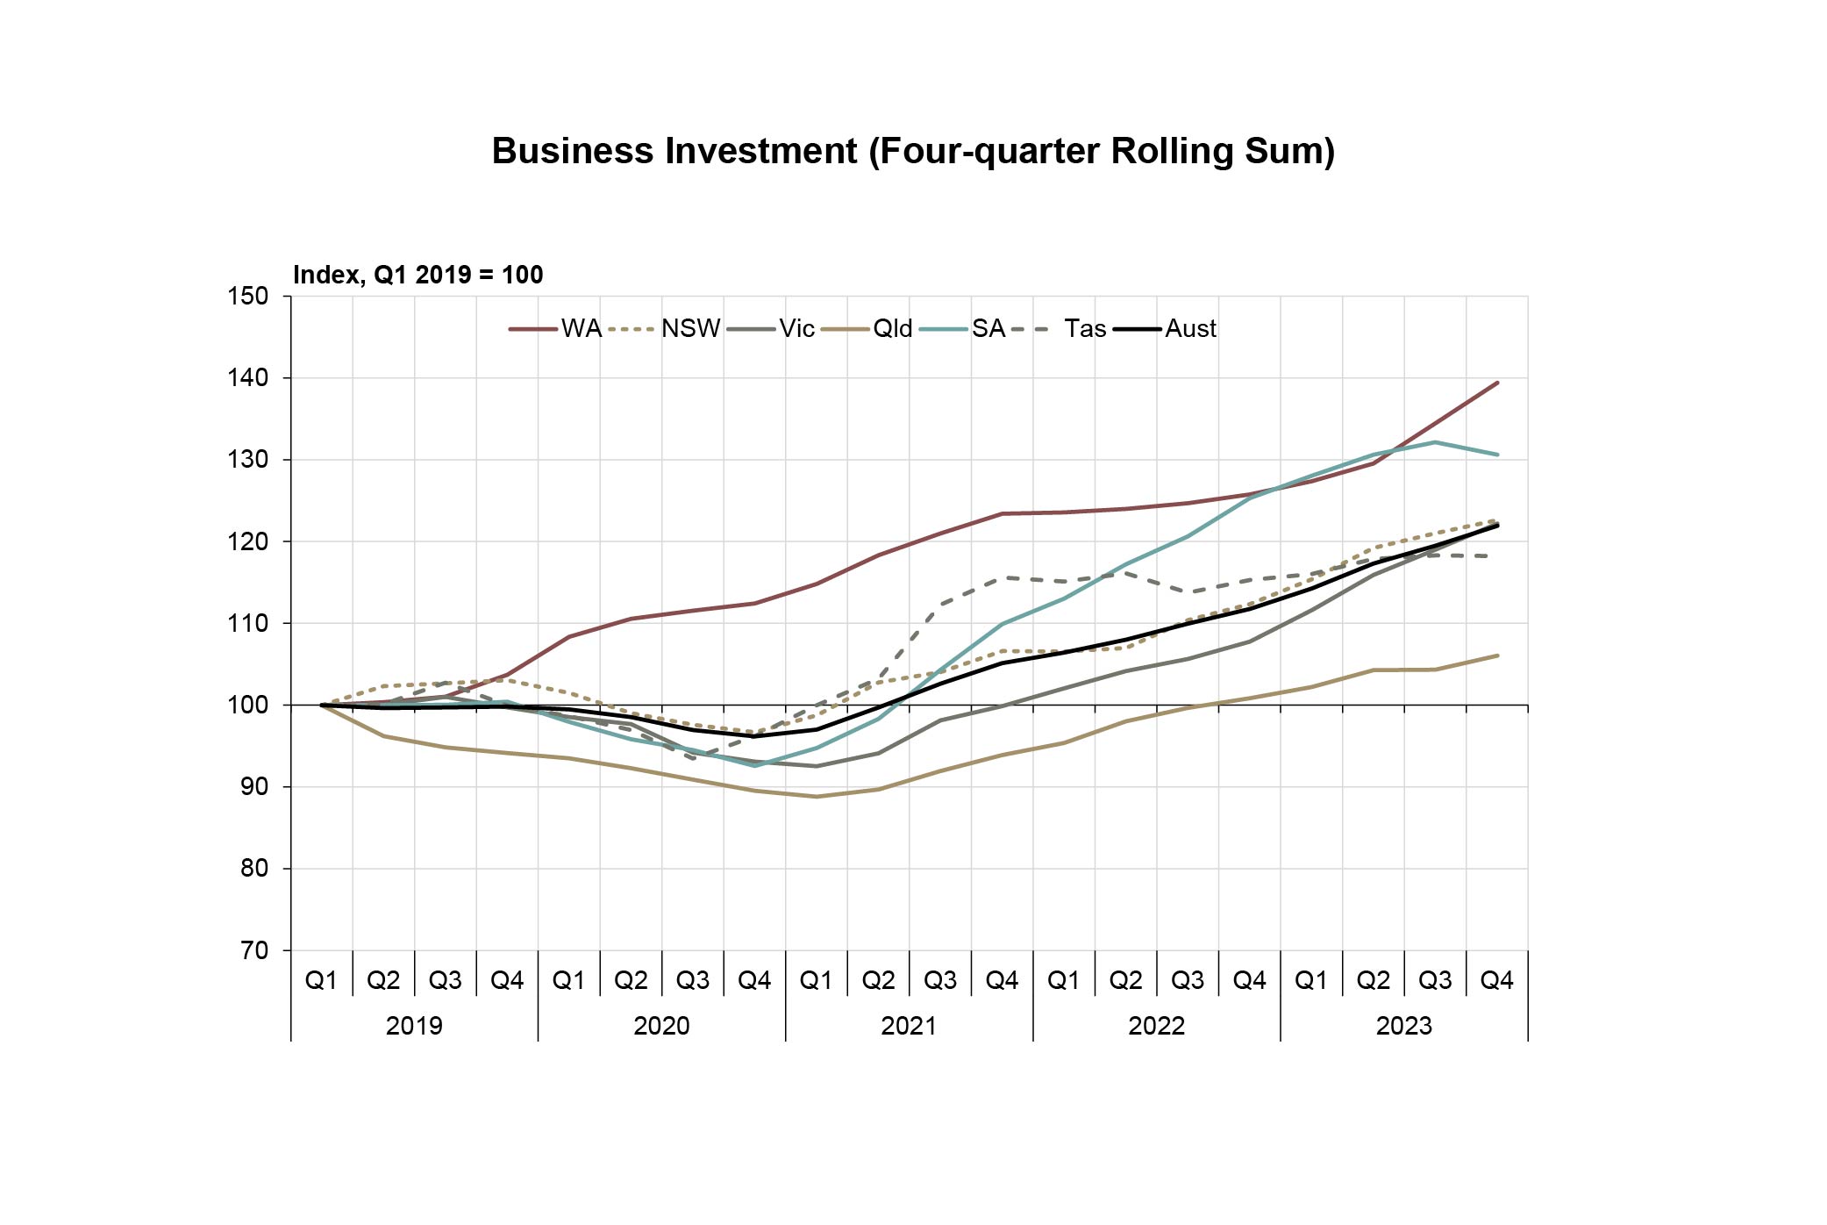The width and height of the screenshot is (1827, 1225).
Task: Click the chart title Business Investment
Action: [913, 151]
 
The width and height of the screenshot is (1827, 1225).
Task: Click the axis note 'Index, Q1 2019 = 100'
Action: [417, 275]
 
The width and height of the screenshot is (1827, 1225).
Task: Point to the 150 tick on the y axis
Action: [248, 296]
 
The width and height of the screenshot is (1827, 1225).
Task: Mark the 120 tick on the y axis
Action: [248, 541]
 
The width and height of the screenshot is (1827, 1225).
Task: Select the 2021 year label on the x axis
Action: [909, 1025]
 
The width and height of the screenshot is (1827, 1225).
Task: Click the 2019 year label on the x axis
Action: [414, 1025]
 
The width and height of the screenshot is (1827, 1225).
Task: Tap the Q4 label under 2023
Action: [1496, 980]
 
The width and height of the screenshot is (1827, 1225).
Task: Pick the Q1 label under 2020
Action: [568, 980]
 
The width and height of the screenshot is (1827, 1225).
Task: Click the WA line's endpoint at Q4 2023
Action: [1497, 383]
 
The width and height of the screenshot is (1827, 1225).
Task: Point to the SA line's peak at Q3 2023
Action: [1435, 442]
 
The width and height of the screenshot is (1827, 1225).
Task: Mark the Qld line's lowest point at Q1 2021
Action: [817, 797]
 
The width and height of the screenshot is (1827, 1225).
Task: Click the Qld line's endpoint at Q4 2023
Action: [1497, 655]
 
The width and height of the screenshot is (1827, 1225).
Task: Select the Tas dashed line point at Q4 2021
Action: [1003, 577]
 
